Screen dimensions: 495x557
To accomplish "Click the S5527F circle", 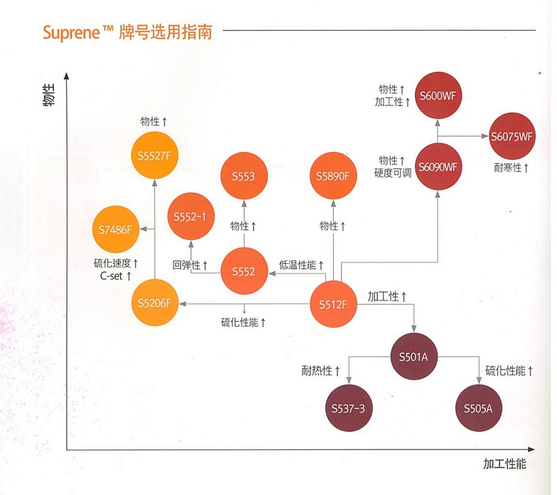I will point(154,155).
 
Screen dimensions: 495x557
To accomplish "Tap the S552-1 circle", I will point(190,217).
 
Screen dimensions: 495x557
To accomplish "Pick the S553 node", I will point(243,177).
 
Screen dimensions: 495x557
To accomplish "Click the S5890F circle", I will point(333,177).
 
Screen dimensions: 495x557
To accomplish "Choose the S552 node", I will point(243,271).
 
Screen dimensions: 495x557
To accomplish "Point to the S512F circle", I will point(333,303).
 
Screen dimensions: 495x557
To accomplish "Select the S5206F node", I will point(154,303).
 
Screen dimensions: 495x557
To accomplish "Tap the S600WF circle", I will point(437,95).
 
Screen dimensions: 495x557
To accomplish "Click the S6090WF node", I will point(437,167).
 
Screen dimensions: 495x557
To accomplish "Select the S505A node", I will point(478,408).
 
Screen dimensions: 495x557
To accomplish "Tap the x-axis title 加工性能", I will point(504,464).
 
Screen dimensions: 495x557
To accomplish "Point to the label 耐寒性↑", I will point(512,167).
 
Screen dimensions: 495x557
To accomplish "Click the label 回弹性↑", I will point(190,265).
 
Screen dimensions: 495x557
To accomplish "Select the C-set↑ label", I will point(116,276).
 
